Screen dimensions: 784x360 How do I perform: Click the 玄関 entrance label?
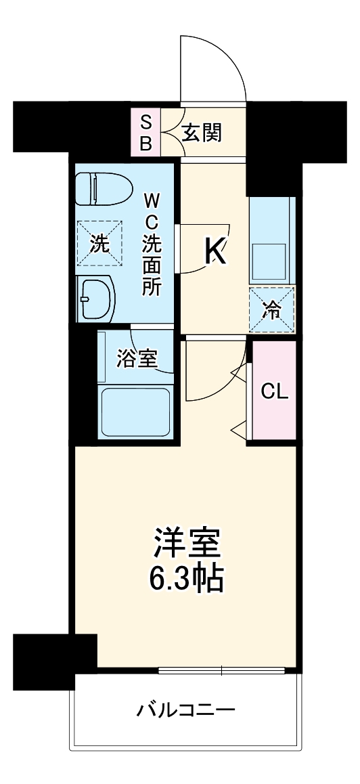pyautogui.click(x=202, y=133)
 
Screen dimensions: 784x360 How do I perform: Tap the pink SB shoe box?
pyautogui.click(x=147, y=133)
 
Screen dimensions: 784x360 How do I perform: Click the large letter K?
pyautogui.click(x=215, y=252)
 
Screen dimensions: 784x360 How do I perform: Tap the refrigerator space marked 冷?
pyautogui.click(x=272, y=309)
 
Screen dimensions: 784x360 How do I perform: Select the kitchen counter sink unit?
pyautogui.click(x=272, y=240)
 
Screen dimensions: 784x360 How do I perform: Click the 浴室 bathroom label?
pyautogui.click(x=137, y=358)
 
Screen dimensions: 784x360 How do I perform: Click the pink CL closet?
pyautogui.click(x=275, y=391)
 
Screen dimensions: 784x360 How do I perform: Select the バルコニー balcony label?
pyautogui.click(x=185, y=710)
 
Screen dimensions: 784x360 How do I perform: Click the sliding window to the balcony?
pyautogui.click(x=223, y=671)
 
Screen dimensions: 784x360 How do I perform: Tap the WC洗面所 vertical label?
pyautogui.click(x=152, y=244)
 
